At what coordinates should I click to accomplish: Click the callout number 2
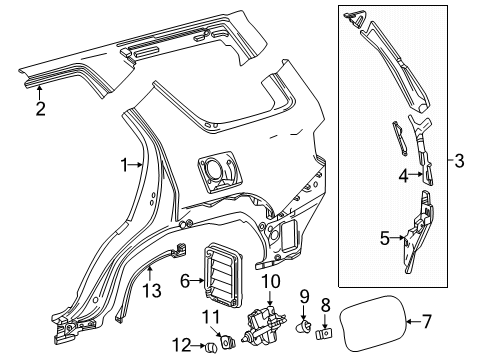tap(40, 108)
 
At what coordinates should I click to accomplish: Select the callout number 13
tap(152, 290)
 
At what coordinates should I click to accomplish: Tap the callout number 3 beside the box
tap(459, 160)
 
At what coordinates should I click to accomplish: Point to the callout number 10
tap(270, 282)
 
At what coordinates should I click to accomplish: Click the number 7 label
tap(426, 321)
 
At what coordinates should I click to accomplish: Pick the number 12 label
tap(182, 345)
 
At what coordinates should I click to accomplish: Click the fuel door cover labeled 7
tap(373, 323)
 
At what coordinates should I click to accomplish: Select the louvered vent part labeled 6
tap(223, 275)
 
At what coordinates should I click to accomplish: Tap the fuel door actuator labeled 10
tap(265, 323)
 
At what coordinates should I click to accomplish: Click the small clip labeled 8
tap(323, 333)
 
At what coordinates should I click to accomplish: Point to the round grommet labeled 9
tap(303, 326)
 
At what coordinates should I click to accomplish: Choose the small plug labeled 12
tap(211, 347)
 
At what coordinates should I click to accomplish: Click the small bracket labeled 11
tap(229, 342)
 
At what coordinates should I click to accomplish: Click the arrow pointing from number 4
tap(416, 174)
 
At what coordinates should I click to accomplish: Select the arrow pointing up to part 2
tap(39, 92)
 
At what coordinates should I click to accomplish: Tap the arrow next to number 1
tap(136, 164)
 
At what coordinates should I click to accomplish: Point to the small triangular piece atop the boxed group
tap(354, 17)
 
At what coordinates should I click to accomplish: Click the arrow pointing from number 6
tap(197, 281)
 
